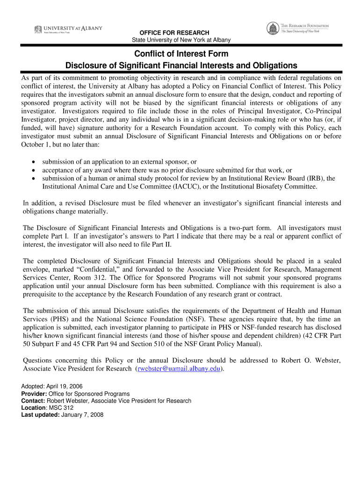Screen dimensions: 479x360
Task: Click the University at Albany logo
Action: (68, 29)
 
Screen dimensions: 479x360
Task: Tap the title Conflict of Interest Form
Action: (181, 54)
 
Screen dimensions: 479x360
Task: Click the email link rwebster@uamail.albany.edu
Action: (178, 369)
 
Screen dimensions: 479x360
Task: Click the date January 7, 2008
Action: (83, 415)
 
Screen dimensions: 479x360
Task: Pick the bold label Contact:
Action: (33, 401)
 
